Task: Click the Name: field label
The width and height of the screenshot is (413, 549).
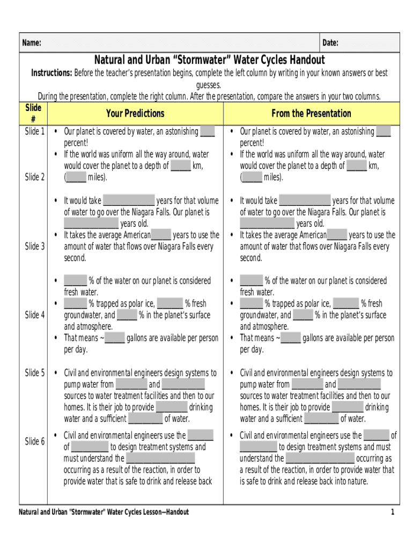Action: click(31, 43)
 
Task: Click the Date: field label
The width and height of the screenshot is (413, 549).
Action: click(330, 43)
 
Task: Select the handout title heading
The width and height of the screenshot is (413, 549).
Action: click(210, 60)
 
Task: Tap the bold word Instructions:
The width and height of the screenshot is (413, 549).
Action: click(51, 73)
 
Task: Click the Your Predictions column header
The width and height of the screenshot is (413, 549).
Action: click(135, 113)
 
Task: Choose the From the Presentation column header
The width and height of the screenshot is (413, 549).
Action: click(311, 113)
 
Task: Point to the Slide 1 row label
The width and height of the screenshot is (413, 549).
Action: click(35, 131)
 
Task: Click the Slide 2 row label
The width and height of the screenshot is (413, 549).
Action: click(35, 177)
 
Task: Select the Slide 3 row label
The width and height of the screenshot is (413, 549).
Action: click(35, 247)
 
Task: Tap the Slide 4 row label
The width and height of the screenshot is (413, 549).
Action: click(35, 315)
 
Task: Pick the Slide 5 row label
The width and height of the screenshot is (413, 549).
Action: click(35, 373)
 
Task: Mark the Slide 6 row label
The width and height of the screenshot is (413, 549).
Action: click(35, 441)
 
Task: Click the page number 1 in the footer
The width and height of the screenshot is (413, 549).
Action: click(393, 512)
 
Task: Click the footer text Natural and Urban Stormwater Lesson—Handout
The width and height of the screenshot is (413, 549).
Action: click(104, 512)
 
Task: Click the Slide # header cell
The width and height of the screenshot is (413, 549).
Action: click(33, 114)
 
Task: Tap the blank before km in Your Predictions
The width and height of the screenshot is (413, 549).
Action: click(181, 166)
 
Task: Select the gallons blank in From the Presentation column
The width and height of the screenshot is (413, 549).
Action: click(290, 338)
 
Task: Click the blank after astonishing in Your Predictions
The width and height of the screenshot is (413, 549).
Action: click(207, 132)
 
